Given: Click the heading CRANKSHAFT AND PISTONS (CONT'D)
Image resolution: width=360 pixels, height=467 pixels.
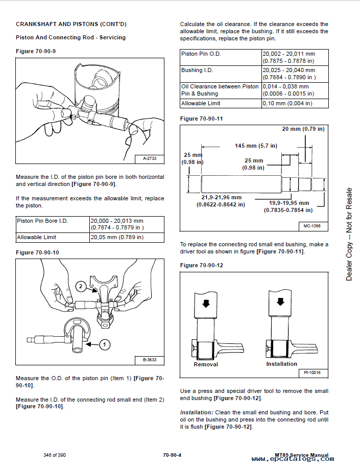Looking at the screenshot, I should (x=71, y=24).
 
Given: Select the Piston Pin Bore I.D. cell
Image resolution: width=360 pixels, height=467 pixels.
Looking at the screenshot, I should (x=42, y=221).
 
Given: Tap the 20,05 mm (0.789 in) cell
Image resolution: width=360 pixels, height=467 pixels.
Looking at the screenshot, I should (x=117, y=237).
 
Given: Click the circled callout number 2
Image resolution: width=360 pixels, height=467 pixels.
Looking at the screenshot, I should (x=80, y=287).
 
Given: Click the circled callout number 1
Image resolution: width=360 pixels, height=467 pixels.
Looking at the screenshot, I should (x=104, y=345).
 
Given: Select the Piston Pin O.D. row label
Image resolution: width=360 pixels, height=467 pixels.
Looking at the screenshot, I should (x=201, y=54).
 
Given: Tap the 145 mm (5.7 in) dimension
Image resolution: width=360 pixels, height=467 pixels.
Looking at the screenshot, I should (x=256, y=146).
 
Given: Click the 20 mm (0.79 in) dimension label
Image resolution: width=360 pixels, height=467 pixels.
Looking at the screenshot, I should (x=303, y=129).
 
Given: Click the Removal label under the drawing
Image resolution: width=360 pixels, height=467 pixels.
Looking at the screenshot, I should (x=206, y=364).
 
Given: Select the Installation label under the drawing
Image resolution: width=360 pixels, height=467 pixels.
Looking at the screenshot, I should (x=281, y=364).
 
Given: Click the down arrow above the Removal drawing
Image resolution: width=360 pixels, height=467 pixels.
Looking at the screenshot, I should (x=205, y=303).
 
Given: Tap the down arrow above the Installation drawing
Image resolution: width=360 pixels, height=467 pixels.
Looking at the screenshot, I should (x=279, y=301).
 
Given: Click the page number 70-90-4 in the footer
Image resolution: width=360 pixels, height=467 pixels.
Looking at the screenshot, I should (x=173, y=455).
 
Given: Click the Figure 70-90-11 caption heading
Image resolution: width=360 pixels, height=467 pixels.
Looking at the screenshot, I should (x=202, y=119).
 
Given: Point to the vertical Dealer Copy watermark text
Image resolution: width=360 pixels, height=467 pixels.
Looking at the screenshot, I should (x=349, y=235).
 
